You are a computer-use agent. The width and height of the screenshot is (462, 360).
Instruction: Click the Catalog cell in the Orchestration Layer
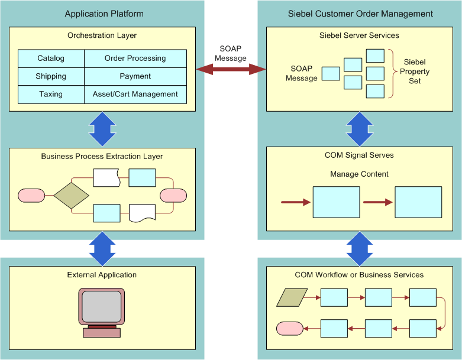point(51,59)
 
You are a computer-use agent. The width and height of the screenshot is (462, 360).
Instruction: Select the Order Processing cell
point(135,59)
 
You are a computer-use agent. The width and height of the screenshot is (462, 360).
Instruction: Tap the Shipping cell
point(51,76)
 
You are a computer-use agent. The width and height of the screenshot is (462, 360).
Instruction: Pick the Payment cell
point(135,76)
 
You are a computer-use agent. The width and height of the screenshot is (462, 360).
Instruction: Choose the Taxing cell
point(51,94)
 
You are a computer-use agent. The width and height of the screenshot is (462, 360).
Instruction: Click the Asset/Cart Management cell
point(135,94)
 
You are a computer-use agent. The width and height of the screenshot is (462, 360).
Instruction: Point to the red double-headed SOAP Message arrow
point(231,69)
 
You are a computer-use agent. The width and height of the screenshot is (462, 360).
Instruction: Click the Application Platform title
point(104,14)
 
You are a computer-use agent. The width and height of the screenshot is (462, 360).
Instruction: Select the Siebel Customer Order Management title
point(360,14)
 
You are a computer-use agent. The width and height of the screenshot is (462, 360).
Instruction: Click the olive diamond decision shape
point(71,195)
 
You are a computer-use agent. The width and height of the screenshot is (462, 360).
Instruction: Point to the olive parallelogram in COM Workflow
point(292,297)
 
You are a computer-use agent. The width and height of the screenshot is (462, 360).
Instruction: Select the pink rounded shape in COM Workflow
point(290,328)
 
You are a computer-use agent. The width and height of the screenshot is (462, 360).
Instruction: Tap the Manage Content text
point(359,174)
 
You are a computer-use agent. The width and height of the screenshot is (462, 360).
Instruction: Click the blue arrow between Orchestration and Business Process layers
point(102,129)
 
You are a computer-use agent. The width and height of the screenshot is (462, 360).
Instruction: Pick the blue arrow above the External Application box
point(102,248)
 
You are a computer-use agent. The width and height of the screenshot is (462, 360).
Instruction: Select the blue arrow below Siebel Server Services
point(360,129)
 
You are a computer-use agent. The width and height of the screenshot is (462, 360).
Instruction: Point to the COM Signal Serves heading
point(359,155)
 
